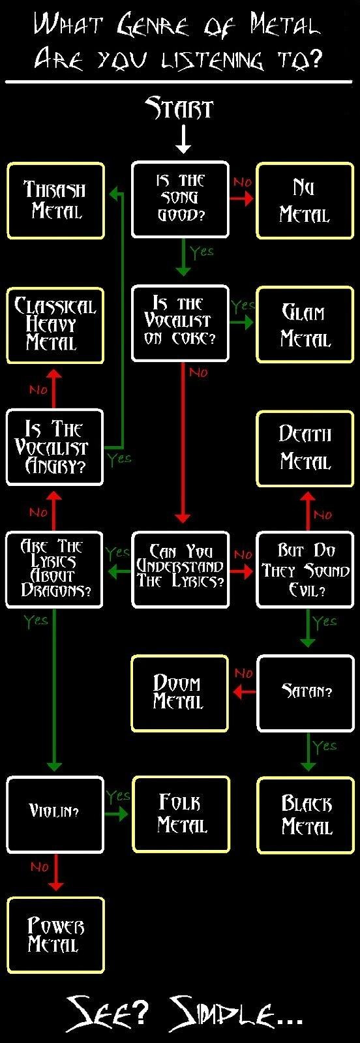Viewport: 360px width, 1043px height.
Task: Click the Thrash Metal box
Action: (x=55, y=201)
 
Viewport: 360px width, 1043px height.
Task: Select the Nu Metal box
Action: (x=305, y=201)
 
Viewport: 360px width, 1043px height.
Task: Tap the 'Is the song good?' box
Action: (x=180, y=200)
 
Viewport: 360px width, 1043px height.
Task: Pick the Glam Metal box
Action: (x=305, y=325)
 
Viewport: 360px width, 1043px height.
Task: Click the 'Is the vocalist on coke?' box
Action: (x=180, y=324)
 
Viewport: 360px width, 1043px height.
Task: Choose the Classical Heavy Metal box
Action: (x=55, y=325)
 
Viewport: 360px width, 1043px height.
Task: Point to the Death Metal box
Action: (x=305, y=449)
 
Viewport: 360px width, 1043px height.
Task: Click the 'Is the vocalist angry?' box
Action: (x=55, y=447)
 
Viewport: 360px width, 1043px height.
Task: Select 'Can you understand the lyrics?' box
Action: (x=180, y=570)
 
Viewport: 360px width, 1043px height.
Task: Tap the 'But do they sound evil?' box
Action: (x=305, y=570)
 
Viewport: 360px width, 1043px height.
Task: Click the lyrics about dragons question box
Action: (x=54, y=570)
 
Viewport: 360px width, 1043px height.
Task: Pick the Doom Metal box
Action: (x=180, y=693)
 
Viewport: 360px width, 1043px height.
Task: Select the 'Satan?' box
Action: (x=306, y=693)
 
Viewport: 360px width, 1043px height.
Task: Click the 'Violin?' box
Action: (x=55, y=815)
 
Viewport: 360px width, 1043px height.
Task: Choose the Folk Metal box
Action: (x=181, y=815)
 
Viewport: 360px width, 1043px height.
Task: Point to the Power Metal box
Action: (x=55, y=935)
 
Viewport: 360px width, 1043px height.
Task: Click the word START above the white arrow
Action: (x=179, y=108)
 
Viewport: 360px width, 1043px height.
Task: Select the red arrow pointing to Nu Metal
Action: (x=242, y=198)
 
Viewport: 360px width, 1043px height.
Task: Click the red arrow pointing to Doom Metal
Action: (x=243, y=692)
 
